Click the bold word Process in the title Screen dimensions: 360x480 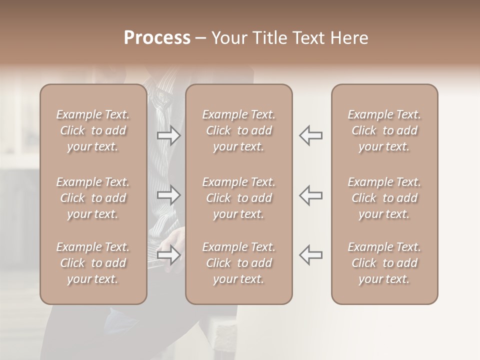(x=157, y=38)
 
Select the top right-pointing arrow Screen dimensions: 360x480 (x=168, y=135)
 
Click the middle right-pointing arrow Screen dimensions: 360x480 (x=168, y=195)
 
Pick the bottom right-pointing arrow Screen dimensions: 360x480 (x=168, y=255)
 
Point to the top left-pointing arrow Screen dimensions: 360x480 (x=311, y=135)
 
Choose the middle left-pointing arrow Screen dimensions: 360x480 (x=311, y=195)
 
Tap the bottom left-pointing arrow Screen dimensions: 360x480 (x=311, y=255)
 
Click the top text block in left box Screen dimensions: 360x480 (x=93, y=130)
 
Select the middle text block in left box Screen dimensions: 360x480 (x=93, y=198)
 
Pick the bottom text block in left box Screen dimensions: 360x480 (x=93, y=263)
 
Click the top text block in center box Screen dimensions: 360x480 (x=238, y=130)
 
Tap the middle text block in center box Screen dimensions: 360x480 (x=238, y=198)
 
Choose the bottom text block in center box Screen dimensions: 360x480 (x=238, y=263)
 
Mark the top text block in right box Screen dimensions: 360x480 (x=384, y=130)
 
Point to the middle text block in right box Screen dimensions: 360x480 (x=384, y=198)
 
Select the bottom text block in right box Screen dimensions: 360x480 (x=384, y=263)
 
